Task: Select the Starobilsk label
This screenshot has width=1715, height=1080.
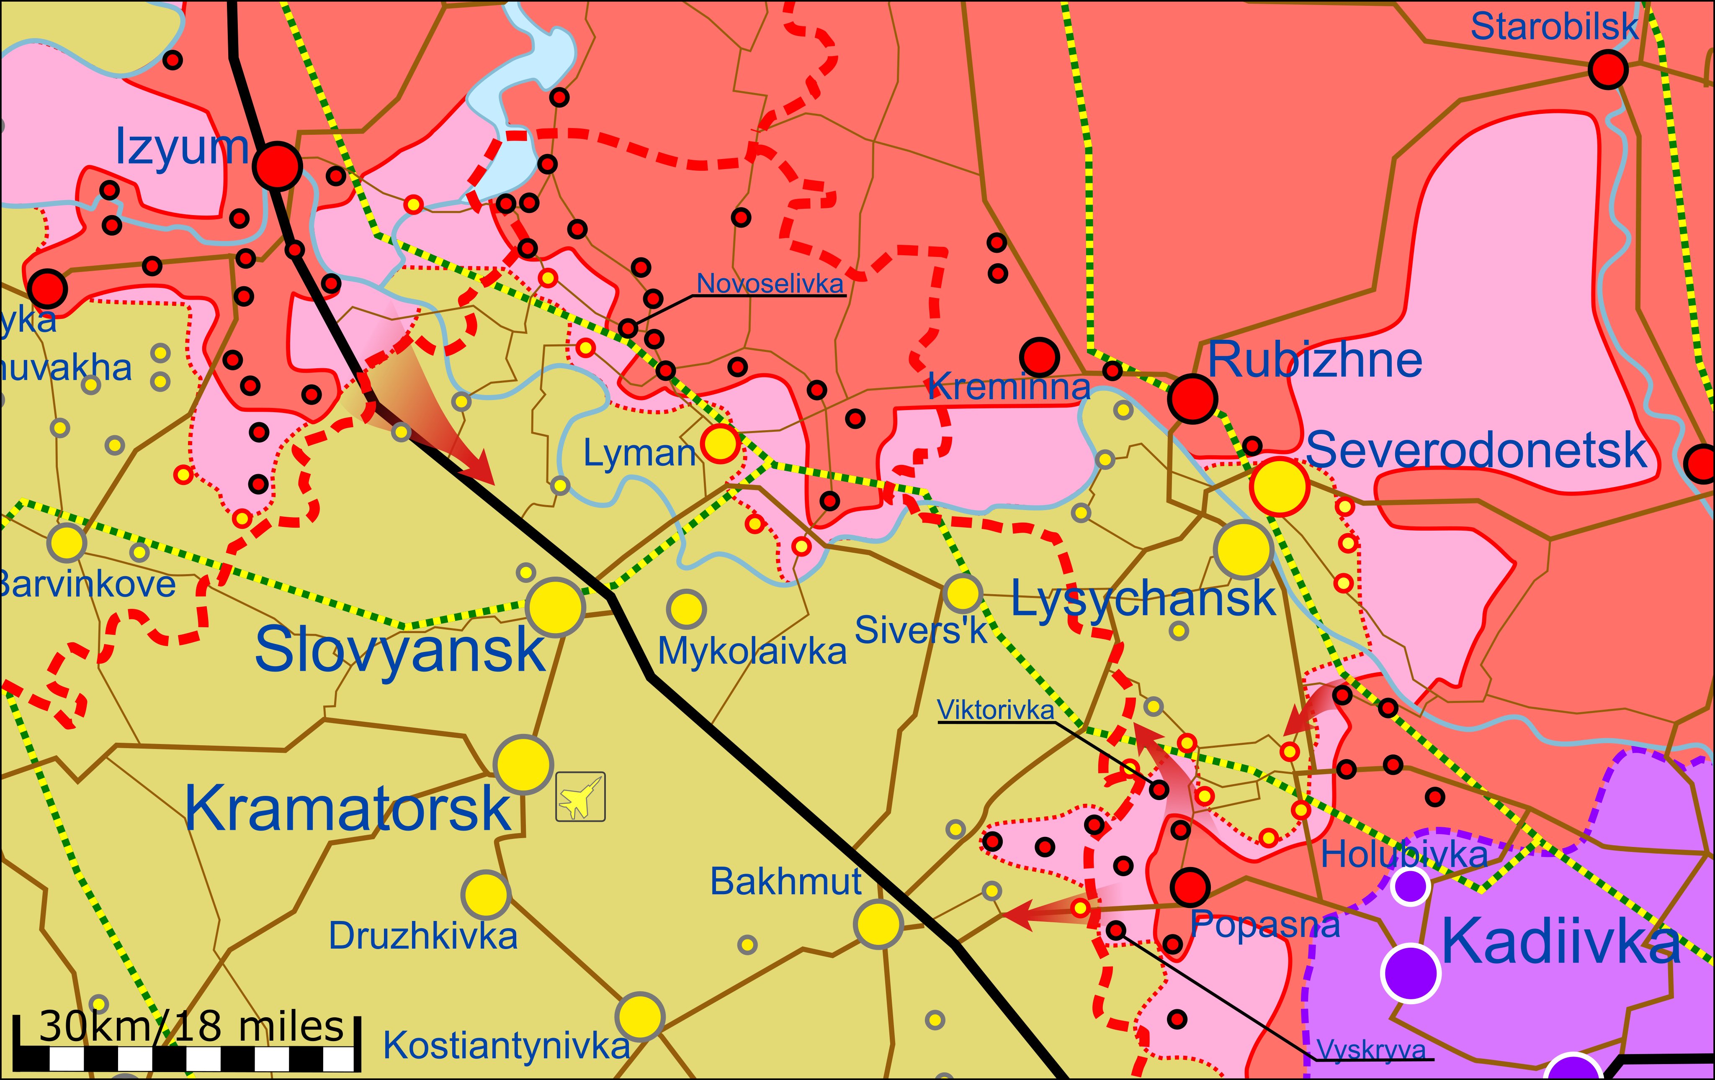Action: coord(1554,27)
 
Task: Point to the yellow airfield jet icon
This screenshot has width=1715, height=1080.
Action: coord(580,797)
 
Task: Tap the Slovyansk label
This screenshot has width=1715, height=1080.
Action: coord(399,649)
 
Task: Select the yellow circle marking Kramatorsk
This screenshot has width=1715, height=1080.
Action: coord(523,764)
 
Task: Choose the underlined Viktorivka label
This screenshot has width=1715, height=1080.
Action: coord(995,710)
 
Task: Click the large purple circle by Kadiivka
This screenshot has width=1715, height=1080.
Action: coord(1410,972)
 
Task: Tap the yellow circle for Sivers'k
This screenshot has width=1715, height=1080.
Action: coord(962,593)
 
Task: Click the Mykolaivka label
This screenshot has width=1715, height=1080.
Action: coord(752,651)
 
